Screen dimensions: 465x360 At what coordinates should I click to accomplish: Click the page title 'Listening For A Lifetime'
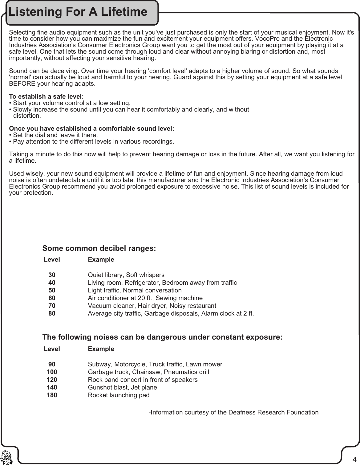tap(78, 12)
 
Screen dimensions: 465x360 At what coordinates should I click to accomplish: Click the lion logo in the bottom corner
tap(6, 457)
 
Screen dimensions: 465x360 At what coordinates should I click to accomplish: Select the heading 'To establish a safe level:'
tap(47, 96)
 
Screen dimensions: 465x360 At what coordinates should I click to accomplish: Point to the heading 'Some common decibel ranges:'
tap(99, 248)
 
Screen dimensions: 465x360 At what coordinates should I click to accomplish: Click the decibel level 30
tap(52, 275)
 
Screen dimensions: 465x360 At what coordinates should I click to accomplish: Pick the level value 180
tap(52, 395)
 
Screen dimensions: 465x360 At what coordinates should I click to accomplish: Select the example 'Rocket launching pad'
tap(119, 395)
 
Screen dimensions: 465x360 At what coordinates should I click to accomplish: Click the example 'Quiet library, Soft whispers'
tap(126, 275)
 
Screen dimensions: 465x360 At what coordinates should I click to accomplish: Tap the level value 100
tap(52, 372)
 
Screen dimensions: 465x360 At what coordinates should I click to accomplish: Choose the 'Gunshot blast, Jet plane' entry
tap(122, 387)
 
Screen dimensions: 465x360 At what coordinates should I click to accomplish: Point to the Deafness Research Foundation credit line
tap(233, 412)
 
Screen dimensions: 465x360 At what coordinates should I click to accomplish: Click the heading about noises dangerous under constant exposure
tap(162, 337)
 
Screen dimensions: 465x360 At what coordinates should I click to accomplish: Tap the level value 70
tap(52, 306)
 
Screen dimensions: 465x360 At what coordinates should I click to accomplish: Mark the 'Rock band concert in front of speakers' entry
tap(143, 380)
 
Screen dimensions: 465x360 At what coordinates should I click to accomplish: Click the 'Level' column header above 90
tap(52, 349)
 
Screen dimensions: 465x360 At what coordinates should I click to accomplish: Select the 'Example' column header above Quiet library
tap(101, 259)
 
